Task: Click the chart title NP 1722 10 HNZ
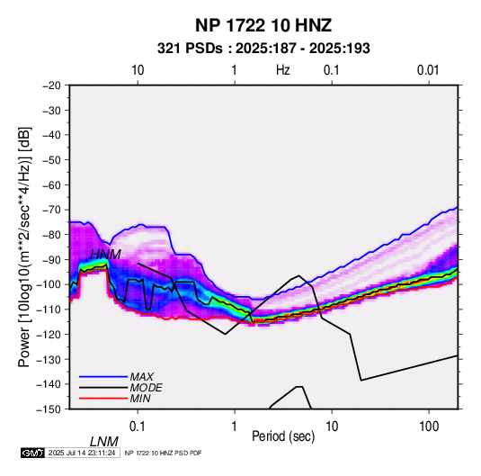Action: tap(263, 25)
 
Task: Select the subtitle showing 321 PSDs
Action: tap(263, 49)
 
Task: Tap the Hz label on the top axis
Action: tap(282, 70)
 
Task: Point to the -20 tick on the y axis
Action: tap(51, 85)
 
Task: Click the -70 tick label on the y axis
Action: tap(51, 210)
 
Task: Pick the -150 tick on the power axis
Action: tap(49, 409)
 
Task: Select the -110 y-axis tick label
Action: tap(49, 310)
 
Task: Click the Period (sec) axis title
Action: tap(283, 436)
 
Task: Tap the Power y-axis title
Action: tap(24, 247)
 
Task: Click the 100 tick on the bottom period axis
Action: tap(429, 427)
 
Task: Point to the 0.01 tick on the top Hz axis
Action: tap(428, 70)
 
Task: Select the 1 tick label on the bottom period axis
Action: tap(234, 427)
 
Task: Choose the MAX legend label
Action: tap(142, 377)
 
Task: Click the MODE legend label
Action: tap(146, 388)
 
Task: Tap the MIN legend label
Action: tap(140, 399)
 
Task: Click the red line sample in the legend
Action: tap(103, 399)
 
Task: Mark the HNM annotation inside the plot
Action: tap(105, 255)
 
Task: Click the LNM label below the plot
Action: tap(104, 442)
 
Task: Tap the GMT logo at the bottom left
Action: tap(33, 453)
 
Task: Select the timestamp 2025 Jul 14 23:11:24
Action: tap(82, 453)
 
